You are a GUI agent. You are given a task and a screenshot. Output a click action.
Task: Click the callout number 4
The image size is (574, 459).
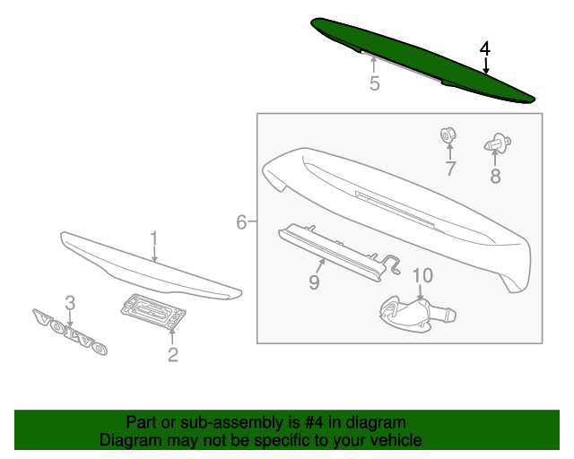[x=484, y=48]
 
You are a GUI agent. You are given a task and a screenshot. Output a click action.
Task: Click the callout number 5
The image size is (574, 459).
[x=374, y=84]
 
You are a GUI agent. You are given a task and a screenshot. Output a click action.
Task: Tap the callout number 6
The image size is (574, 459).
[x=241, y=222]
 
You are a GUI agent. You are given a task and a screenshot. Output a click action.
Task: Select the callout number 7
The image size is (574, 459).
[x=450, y=168]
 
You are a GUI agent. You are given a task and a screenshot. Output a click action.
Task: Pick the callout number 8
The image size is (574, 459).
[x=495, y=177]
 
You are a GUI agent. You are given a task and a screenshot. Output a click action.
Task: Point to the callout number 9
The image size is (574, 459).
[x=315, y=283]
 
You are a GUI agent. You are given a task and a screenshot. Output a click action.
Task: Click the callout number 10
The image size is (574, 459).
[x=422, y=275]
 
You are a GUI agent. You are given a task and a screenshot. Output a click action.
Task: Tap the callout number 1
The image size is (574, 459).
[x=153, y=238]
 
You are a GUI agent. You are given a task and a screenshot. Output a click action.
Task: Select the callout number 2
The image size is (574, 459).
[x=173, y=355]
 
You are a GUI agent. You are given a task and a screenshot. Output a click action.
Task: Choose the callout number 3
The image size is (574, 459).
[x=69, y=303]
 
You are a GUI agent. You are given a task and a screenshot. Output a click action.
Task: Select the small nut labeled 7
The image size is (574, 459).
[x=446, y=136]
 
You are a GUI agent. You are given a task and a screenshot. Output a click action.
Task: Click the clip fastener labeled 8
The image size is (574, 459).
[x=497, y=142]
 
